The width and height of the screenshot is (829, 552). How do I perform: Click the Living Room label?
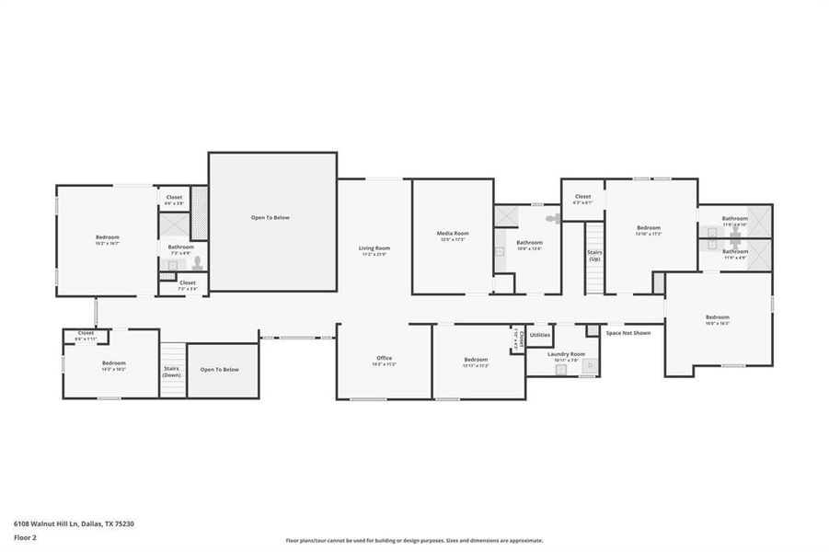click(x=374, y=247)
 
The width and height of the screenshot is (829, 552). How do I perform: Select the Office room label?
click(x=384, y=358)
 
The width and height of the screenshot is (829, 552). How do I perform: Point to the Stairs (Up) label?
click(x=594, y=255)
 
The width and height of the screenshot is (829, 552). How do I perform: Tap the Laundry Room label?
click(x=566, y=353)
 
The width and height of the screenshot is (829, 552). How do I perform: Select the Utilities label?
click(x=540, y=335)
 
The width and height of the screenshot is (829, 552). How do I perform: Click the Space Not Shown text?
click(x=628, y=332)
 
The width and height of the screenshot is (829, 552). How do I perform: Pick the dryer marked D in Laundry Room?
click(x=590, y=366)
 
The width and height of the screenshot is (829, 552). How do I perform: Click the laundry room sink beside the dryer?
click(x=559, y=369)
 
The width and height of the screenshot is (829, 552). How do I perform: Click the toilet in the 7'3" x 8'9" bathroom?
click(x=196, y=263)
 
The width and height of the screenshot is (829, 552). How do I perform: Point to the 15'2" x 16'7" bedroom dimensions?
click(x=108, y=244)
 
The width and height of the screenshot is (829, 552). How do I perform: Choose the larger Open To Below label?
click(x=271, y=218)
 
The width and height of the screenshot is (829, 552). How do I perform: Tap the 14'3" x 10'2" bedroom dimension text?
click(x=113, y=369)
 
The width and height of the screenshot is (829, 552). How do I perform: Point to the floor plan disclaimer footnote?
click(x=414, y=541)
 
